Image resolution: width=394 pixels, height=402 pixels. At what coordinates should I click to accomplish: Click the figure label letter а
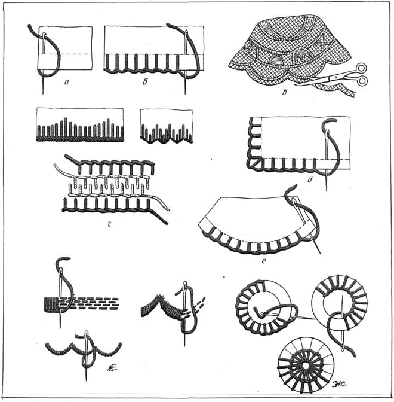click(x=67, y=82)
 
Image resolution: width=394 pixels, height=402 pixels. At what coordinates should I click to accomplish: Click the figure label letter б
click(x=145, y=82)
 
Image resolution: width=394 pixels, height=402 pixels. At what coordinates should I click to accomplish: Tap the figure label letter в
click(x=285, y=92)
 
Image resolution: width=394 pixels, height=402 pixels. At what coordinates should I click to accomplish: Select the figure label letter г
click(x=109, y=224)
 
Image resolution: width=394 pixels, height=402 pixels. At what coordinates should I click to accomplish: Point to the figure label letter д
click(x=310, y=179)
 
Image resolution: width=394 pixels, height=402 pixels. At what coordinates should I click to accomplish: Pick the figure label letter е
click(x=264, y=261)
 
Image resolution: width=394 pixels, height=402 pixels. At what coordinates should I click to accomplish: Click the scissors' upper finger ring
click(x=361, y=68)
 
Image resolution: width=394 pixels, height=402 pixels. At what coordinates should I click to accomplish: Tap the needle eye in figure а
click(x=44, y=35)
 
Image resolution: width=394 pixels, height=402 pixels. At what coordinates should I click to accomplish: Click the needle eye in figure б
click(x=186, y=33)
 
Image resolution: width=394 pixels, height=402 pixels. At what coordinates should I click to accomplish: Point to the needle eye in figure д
click(x=327, y=132)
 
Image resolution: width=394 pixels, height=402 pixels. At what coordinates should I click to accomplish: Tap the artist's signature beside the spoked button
click(x=339, y=384)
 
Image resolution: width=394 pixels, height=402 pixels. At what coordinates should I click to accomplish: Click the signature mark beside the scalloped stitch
click(x=112, y=368)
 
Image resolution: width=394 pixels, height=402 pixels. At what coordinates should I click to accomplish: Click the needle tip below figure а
click(x=43, y=93)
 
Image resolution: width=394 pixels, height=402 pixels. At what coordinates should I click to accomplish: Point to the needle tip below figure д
click(x=327, y=190)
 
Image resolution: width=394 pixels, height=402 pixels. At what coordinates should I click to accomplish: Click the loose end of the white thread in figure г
click(x=168, y=209)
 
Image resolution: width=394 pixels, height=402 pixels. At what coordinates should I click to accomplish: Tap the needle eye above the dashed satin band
click(x=61, y=271)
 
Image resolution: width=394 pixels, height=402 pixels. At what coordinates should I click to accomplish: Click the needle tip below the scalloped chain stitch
click(x=86, y=380)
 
